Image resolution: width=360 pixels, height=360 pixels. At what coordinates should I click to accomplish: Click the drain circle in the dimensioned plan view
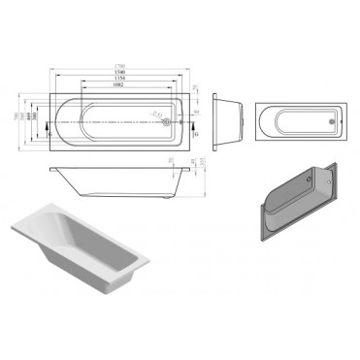point(168,122)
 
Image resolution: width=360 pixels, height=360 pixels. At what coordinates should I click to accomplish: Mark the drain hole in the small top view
point(334,122)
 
